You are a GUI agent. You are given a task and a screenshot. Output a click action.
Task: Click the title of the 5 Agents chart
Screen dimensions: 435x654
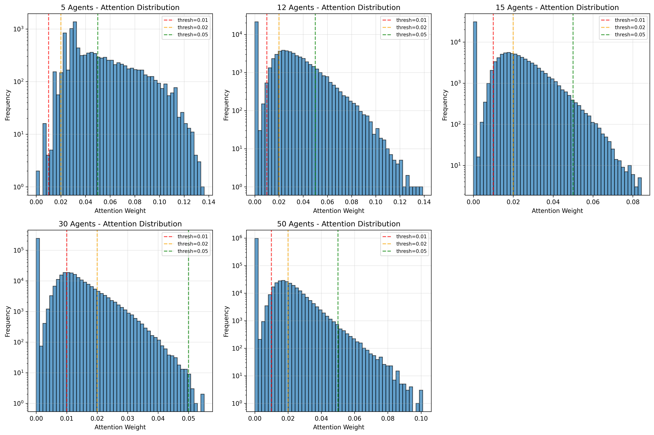tap(120, 7)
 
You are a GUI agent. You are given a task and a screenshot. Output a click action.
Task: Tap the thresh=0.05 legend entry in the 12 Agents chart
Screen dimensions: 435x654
tap(411, 35)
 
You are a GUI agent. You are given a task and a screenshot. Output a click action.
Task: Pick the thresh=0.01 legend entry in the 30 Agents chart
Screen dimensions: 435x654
tap(193, 237)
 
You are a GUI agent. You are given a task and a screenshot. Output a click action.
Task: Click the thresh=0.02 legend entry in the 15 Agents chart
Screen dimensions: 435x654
tap(630, 27)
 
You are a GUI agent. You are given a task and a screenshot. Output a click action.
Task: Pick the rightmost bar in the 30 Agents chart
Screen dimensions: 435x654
tap(202, 402)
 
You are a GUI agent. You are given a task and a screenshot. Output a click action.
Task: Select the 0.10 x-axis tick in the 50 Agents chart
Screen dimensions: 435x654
tap(421, 418)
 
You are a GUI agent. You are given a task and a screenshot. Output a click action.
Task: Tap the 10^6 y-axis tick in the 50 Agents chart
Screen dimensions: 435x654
tap(237, 238)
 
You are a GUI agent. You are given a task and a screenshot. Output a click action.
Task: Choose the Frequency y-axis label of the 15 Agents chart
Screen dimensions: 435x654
tap(445, 105)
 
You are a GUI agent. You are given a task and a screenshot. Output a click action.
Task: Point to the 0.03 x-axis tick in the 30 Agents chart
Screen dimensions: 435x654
tap(127, 418)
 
